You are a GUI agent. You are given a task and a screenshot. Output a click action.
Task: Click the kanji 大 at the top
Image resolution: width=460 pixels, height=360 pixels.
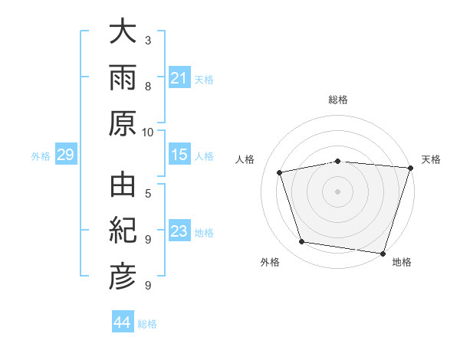click(123, 31)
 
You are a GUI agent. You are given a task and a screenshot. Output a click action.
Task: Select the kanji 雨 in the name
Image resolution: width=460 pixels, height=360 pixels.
click(123, 77)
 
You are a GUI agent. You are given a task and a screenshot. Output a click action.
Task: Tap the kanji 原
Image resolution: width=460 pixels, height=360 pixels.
click(123, 123)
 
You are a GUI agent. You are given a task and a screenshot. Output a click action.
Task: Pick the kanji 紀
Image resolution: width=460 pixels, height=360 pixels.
click(123, 230)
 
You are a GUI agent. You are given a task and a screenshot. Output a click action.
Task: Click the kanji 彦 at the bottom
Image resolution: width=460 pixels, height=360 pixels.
click(123, 277)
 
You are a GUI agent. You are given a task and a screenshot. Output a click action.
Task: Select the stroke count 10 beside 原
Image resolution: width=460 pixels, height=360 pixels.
click(147, 133)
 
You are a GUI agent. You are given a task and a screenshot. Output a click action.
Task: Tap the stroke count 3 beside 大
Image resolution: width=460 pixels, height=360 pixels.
click(148, 41)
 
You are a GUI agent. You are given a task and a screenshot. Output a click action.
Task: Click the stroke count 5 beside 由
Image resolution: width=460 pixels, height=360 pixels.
click(148, 194)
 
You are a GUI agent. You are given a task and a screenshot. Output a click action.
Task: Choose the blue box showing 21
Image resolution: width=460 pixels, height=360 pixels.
click(179, 77)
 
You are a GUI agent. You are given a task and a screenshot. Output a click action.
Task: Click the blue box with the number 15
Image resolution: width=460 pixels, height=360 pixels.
click(179, 154)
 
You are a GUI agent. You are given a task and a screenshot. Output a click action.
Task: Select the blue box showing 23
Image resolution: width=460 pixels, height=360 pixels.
click(179, 230)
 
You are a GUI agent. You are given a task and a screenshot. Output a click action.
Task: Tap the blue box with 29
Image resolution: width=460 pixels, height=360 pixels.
click(66, 154)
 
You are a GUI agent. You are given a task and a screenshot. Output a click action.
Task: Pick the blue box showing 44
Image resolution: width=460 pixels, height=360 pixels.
click(123, 321)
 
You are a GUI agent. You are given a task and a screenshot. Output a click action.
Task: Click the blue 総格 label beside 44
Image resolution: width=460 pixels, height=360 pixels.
click(147, 324)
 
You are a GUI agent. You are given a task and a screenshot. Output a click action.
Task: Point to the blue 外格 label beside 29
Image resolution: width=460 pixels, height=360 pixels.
click(41, 156)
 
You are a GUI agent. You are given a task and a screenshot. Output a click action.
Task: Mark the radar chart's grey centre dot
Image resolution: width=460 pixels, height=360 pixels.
click(337, 191)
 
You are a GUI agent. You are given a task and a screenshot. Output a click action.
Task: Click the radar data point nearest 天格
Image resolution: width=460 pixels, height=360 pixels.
click(411, 168)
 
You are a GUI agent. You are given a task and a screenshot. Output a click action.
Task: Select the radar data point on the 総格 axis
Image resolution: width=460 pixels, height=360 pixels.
click(338, 162)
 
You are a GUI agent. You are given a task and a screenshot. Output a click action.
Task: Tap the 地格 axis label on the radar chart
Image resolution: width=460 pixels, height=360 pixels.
click(402, 262)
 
